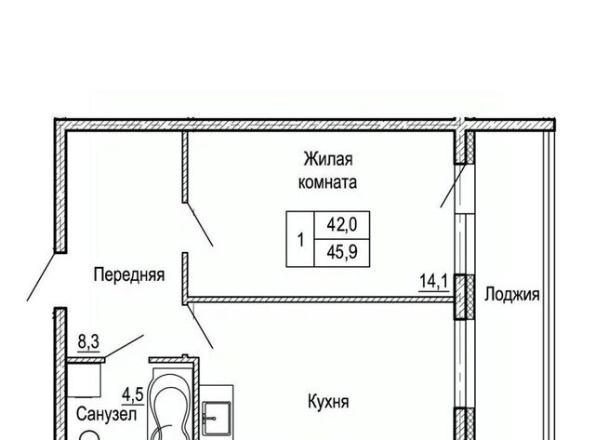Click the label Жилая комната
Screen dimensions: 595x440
327,170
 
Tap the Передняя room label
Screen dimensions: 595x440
129,274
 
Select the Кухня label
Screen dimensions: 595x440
328,402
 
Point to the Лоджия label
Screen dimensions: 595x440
511,295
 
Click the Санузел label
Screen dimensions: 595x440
106,414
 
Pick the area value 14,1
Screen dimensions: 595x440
434,282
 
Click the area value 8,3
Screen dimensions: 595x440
88,342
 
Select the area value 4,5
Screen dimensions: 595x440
132,395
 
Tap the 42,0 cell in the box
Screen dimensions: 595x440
342,225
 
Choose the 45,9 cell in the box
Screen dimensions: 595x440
342,252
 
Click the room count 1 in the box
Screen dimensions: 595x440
300,240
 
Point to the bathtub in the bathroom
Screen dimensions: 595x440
169,404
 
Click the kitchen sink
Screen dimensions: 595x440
217,419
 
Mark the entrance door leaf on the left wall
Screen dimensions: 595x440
41,275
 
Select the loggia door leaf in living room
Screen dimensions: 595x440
453,185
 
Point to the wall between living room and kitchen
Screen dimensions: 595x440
321,300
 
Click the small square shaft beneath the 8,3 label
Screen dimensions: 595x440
84,380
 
